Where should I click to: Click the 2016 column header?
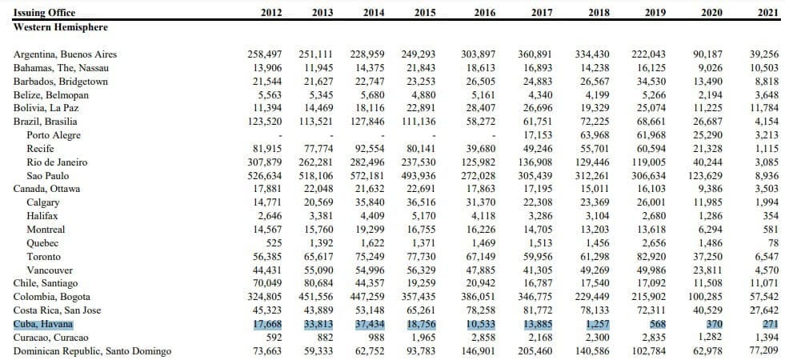(485, 13)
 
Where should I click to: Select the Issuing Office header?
(44, 13)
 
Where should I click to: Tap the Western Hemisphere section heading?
(61, 27)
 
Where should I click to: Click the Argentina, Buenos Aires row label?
(65, 54)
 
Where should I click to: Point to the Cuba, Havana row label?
(43, 324)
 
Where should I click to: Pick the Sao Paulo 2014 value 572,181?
(367, 176)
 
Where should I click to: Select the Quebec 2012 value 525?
(273, 243)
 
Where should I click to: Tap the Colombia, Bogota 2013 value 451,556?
(316, 297)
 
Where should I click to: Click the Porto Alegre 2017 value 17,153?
(535, 135)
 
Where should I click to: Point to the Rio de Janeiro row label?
(57, 162)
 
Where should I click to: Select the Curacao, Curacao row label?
(51, 338)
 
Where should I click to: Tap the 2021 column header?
(768, 13)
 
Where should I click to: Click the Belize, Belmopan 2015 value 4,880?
(423, 94)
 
